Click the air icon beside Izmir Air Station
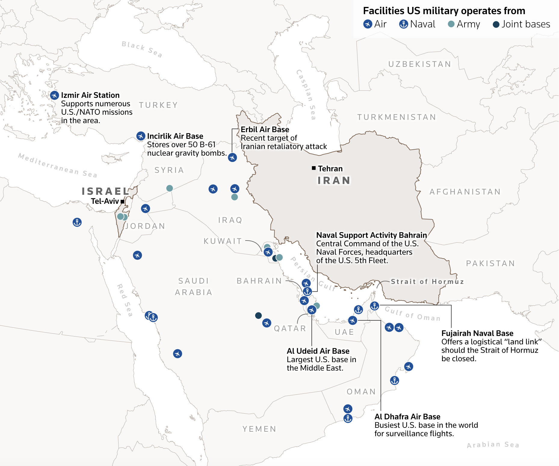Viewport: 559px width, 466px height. (54, 95)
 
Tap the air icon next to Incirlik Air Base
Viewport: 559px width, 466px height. (141, 136)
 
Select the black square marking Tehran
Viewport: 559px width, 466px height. (314, 168)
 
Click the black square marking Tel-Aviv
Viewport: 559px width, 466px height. (122, 201)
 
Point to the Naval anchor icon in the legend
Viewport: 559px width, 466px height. (403, 24)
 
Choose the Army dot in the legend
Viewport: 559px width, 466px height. (451, 24)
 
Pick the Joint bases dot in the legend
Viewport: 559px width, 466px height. (496, 24)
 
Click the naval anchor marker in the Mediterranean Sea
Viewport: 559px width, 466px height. (77, 222)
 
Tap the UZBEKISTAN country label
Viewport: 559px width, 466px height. (420, 64)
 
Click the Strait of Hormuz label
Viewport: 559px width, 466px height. (427, 281)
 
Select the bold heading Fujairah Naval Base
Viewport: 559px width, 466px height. (477, 333)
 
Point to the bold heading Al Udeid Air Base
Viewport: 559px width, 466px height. (318, 351)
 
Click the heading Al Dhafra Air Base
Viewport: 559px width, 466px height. (407, 417)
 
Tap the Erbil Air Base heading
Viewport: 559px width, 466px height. (265, 129)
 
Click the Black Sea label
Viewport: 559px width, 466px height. (142, 49)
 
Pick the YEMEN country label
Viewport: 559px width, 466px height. (259, 429)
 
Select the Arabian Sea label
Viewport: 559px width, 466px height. (493, 445)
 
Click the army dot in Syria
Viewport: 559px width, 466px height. (170, 188)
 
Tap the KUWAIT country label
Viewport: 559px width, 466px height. (223, 241)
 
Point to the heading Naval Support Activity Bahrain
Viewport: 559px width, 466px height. (371, 235)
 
